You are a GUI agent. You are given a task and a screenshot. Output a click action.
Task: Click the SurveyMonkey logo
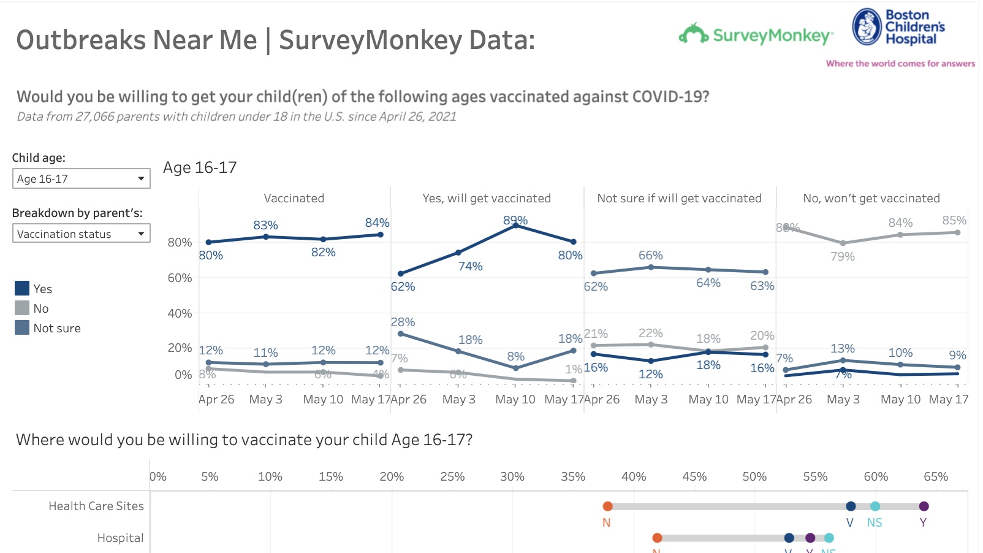click(756, 35)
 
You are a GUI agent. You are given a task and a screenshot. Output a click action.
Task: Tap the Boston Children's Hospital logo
click(898, 27)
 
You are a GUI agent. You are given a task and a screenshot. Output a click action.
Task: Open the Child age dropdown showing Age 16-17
click(81, 179)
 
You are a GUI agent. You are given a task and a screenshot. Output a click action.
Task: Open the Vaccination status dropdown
click(81, 234)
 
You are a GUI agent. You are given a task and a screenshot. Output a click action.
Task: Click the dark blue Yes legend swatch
click(22, 288)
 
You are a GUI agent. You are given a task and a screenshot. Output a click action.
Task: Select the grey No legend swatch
click(22, 308)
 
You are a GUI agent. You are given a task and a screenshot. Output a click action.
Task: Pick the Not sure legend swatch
click(22, 327)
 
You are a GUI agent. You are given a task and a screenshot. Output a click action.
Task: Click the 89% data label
click(515, 220)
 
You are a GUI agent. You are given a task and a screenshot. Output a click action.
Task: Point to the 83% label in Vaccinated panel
click(265, 225)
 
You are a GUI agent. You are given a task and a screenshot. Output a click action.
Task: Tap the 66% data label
click(650, 255)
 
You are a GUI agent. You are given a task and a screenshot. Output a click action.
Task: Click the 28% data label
click(403, 322)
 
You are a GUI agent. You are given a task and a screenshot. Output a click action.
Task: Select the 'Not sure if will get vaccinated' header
click(679, 198)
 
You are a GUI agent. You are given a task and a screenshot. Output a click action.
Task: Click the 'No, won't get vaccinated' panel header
click(871, 198)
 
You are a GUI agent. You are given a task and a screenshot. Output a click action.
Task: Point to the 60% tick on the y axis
click(180, 278)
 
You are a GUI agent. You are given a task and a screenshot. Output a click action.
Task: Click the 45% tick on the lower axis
click(694, 476)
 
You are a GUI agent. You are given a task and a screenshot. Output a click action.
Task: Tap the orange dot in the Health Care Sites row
click(607, 506)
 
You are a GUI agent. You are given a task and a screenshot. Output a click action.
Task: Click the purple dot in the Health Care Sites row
click(924, 506)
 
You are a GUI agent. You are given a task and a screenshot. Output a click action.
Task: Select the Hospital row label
click(120, 538)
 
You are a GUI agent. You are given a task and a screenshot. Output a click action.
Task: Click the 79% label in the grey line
click(842, 256)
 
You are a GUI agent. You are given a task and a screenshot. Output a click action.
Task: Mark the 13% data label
click(842, 348)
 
